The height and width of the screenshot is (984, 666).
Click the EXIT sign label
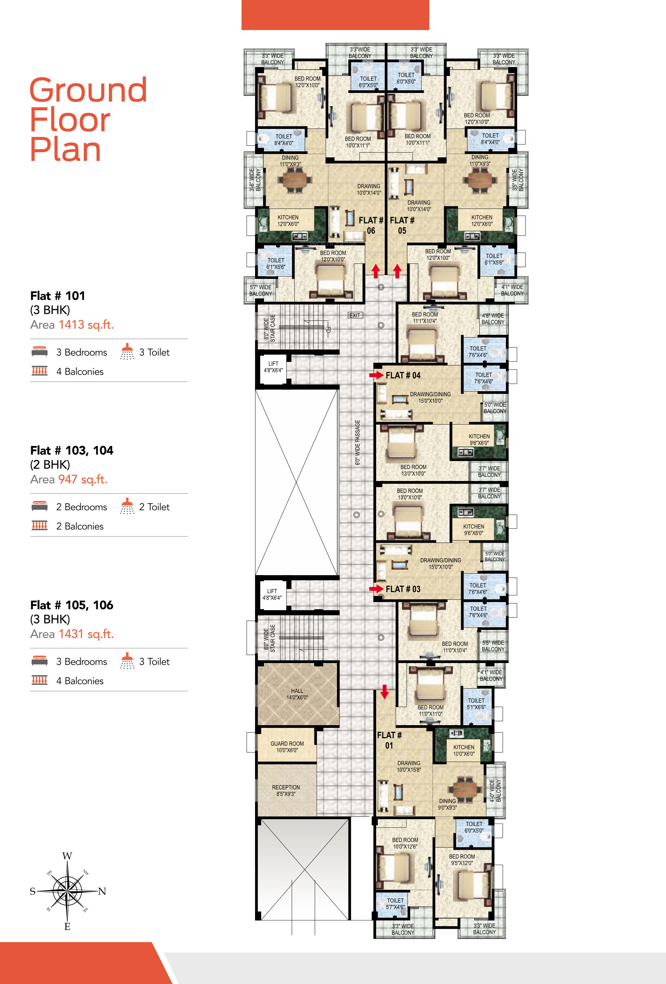pos(355,315)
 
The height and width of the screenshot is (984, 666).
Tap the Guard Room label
pos(287,747)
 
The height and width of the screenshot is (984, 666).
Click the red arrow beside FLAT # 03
pos(376,588)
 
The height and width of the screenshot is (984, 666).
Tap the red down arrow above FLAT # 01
pos(385,691)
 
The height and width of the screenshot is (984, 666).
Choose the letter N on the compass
pos(102,891)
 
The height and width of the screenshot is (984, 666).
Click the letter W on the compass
pos(67,856)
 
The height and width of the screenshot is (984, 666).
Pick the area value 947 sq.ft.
pos(83,479)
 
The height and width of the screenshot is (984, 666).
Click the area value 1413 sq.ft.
pos(86,325)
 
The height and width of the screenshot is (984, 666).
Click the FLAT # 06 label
pos(371,225)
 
